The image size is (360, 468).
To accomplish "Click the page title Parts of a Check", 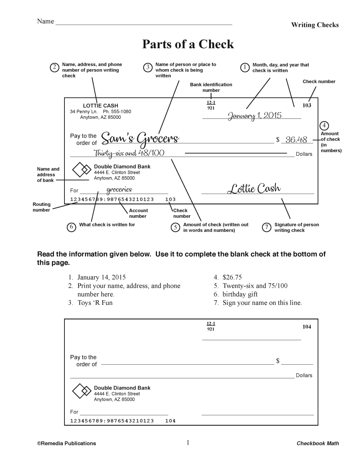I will (188, 44).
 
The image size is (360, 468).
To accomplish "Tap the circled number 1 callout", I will (245, 67).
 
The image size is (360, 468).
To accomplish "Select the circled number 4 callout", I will (324, 126).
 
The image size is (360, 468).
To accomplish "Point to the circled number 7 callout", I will (266, 227).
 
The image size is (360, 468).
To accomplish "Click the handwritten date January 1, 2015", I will (255, 116).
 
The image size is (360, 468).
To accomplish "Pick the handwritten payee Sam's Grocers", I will (140, 139).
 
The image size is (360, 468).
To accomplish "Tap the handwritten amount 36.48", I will (296, 140).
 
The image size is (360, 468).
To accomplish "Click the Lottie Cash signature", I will (254, 188).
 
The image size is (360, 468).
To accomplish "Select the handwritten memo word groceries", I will (119, 190).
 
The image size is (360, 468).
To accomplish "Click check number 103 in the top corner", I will (307, 105).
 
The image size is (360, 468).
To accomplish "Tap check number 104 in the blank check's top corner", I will (307, 327).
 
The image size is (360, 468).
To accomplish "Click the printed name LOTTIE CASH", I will (100, 106).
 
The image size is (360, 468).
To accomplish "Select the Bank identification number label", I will (211, 87).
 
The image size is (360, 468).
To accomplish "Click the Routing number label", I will (42, 207).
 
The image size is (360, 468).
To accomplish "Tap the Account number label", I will (138, 213).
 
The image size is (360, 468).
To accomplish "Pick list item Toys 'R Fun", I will (95, 303).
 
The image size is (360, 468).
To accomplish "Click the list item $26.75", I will (232, 277).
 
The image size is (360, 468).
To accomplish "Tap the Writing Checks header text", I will (315, 25).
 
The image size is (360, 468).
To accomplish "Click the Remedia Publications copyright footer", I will (67, 444).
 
